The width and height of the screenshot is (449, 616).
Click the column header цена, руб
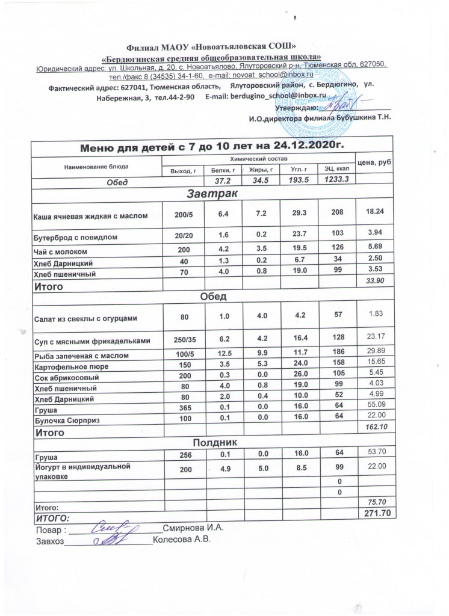pyautogui.click(x=374, y=163)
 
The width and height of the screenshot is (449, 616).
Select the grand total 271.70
pyautogui.click(x=374, y=513)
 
